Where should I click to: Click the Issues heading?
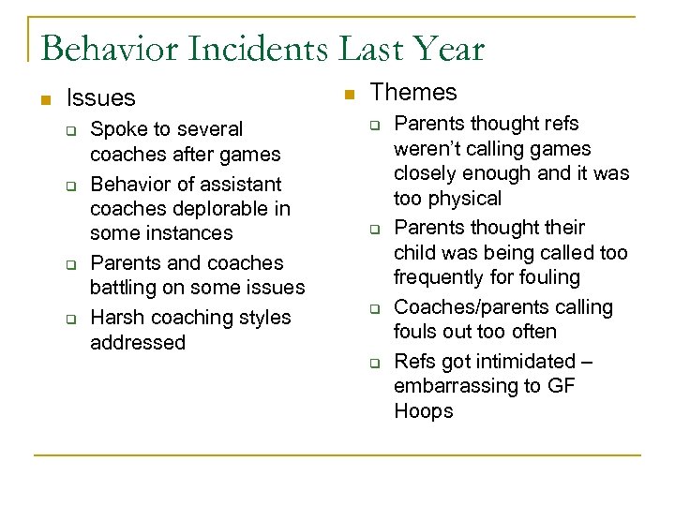pyautogui.click(x=101, y=97)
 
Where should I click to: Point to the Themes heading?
pyautogui.click(x=413, y=92)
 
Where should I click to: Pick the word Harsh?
pyautogui.click(x=117, y=318)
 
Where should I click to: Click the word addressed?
pyautogui.click(x=138, y=342)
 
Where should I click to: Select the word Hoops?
pyautogui.click(x=423, y=411)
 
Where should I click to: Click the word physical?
pyautogui.click(x=461, y=199)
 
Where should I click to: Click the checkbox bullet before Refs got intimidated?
pyautogui.click(x=371, y=362)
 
